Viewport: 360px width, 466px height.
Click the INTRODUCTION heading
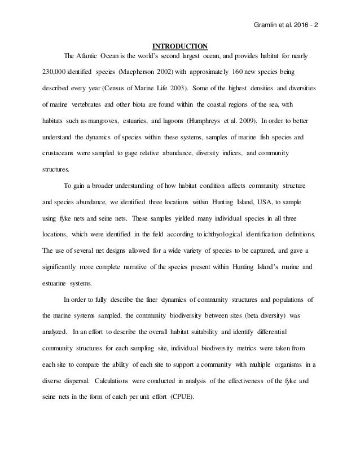click(x=181, y=46)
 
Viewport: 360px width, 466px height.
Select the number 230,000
click(x=56, y=73)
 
